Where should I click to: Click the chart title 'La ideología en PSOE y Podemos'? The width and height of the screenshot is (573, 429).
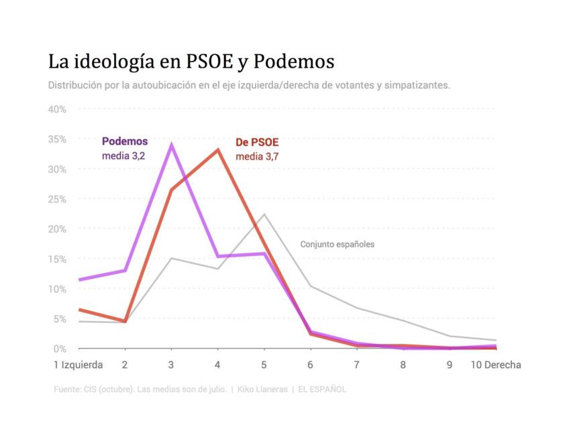[191, 62]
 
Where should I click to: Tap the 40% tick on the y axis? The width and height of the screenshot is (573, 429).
[56, 109]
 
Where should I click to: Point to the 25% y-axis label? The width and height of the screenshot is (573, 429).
[56, 199]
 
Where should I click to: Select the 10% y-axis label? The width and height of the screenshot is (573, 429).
[56, 289]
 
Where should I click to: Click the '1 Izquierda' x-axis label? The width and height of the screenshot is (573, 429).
[79, 365]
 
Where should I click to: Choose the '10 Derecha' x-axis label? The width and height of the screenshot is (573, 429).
[495, 365]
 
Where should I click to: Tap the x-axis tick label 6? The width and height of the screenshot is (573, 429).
[310, 365]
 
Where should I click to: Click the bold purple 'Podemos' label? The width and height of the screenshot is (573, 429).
[125, 141]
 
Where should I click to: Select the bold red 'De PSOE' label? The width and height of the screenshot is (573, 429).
[257, 143]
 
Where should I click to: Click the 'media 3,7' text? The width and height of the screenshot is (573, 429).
[255, 157]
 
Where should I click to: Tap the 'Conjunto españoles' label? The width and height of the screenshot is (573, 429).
[337, 245]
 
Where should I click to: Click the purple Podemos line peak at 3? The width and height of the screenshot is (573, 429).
[171, 144]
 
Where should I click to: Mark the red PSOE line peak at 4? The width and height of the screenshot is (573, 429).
[217, 149]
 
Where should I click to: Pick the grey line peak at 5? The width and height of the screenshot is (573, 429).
[264, 214]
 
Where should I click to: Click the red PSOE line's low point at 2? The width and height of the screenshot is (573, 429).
[125, 321]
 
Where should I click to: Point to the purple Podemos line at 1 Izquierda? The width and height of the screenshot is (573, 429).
[79, 280]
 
